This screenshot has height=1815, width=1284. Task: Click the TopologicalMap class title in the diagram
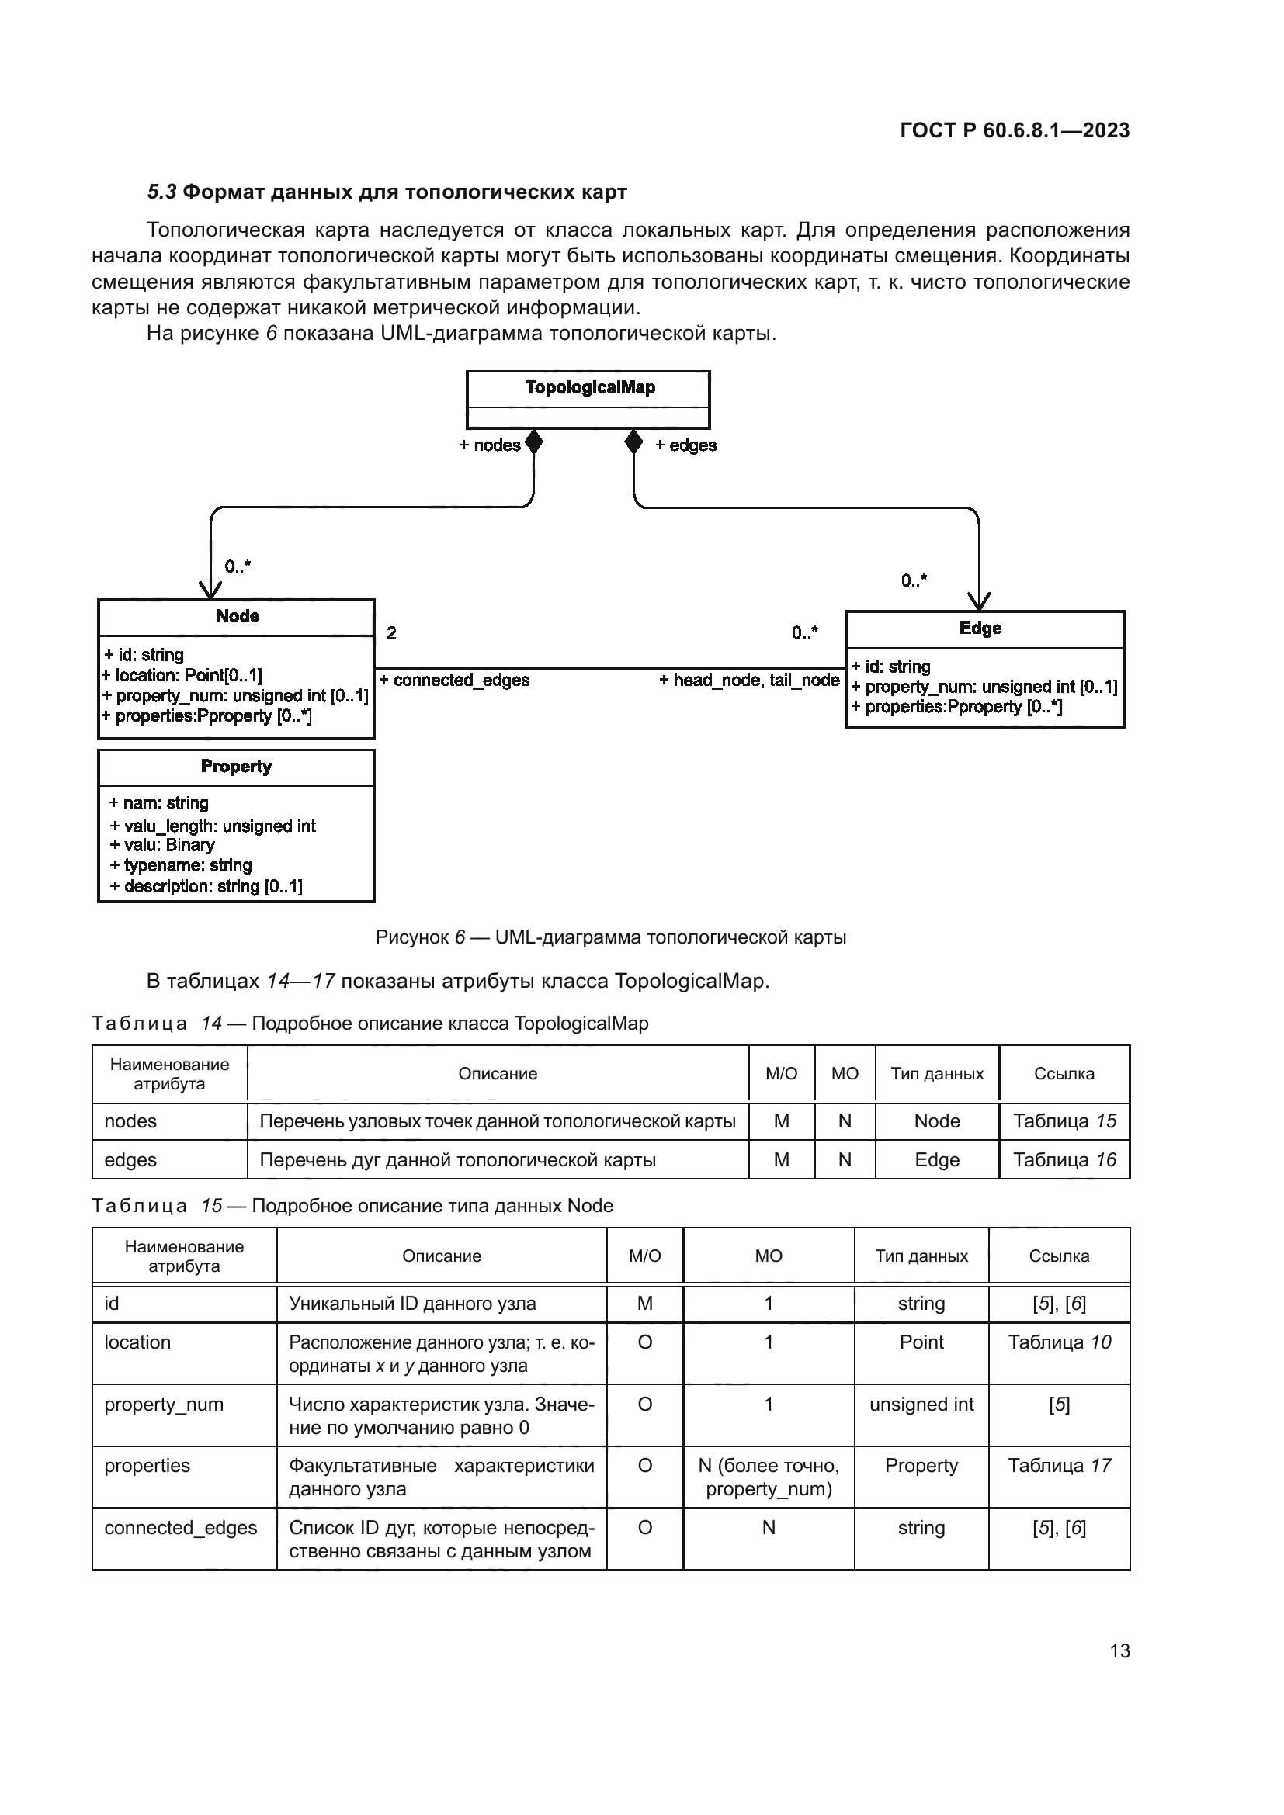coord(590,387)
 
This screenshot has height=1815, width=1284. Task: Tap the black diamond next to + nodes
coord(533,442)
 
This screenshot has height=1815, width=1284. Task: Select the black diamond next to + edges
coord(633,442)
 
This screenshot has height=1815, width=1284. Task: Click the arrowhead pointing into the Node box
coord(210,590)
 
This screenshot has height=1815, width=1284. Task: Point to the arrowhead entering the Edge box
coord(979,601)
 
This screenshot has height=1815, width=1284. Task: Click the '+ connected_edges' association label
coord(454,680)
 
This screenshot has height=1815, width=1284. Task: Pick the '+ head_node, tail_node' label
coord(748,680)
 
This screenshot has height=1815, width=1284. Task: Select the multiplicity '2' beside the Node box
coord(391,632)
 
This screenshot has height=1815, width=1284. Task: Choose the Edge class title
coord(980,628)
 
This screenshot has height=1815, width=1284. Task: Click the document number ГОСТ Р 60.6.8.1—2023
coord(1015,130)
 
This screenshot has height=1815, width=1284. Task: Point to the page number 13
coord(1119,1650)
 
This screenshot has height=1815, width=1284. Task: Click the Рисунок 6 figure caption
coord(610,937)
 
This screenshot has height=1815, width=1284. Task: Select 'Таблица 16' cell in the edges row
coord(1064,1159)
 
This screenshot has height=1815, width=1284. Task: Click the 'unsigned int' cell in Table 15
coord(921,1404)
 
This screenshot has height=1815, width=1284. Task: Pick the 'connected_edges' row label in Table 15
coord(180,1527)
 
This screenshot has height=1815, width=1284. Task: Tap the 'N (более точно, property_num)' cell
coord(769,1477)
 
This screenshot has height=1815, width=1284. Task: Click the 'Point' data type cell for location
coord(921,1342)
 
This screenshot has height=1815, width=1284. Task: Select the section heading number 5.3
coord(162,192)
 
